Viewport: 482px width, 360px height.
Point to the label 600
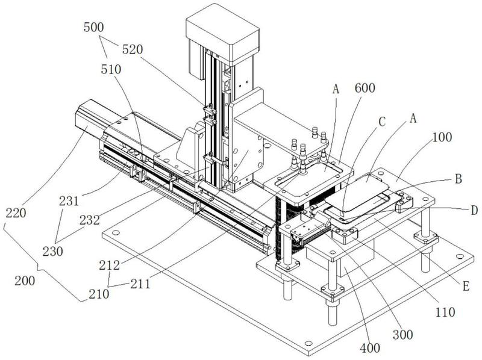[365, 88]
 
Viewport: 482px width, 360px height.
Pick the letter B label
[458, 178]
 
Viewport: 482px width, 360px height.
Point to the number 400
[371, 349]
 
